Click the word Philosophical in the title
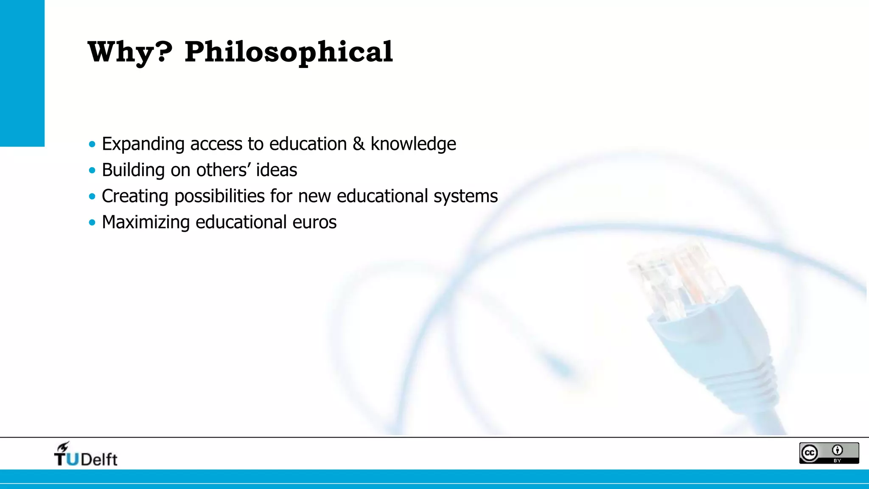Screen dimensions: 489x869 click(289, 53)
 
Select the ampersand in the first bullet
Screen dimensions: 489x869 click(359, 144)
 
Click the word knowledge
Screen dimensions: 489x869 click(413, 144)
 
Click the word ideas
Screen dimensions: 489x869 click(276, 170)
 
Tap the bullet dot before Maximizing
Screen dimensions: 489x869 click(92, 222)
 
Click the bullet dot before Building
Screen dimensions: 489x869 click(92, 171)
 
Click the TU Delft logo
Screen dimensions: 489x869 click(86, 455)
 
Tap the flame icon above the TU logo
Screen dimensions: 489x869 click(63, 447)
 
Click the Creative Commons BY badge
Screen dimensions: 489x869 click(829, 453)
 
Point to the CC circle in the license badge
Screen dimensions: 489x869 click(810, 453)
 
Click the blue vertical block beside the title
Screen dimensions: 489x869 click(22, 73)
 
